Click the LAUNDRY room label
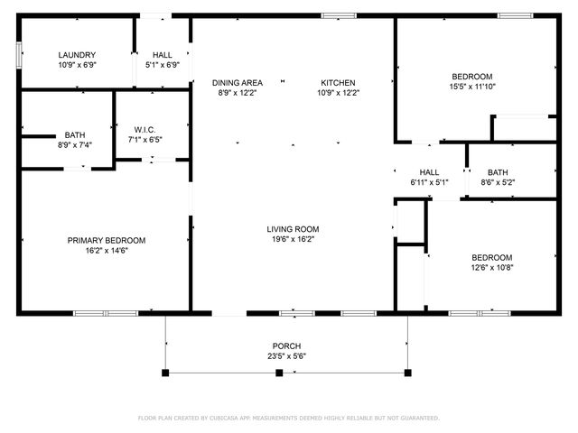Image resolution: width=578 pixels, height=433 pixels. coord(77,55)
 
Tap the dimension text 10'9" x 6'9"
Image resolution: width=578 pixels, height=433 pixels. coord(77,65)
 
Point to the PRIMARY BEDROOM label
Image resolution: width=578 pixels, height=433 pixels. coord(107,240)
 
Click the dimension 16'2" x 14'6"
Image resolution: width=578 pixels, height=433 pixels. coord(107,251)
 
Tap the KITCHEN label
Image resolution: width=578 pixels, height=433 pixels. coord(338,82)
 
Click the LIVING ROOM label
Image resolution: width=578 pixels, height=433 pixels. coord(293,229)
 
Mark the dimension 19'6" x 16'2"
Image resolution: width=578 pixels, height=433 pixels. coord(293,240)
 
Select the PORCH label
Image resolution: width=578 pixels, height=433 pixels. coord(287,346)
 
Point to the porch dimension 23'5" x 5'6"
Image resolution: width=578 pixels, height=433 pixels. coord(287,356)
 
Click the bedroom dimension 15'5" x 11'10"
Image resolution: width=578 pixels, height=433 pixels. coord(472,87)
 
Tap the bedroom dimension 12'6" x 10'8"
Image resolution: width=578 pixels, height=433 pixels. coord(491,267)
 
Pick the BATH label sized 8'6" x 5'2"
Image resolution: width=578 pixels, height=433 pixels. coord(498,172)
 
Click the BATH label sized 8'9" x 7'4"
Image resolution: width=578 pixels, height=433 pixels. coord(75,134)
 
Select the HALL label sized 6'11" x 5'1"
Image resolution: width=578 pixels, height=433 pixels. coord(429,172)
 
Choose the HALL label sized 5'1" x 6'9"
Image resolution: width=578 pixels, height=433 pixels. coord(163,55)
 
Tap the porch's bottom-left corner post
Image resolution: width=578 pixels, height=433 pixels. coord(165,372)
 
